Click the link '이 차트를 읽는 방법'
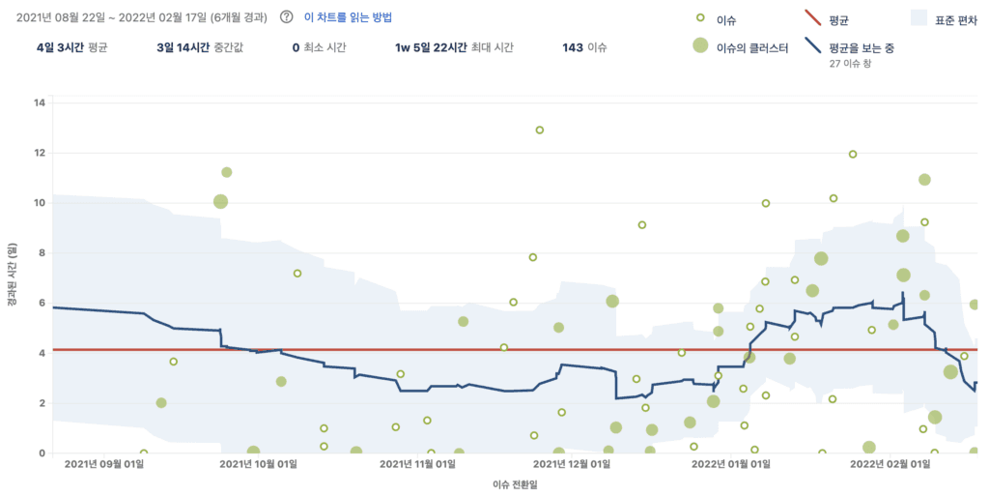click(x=348, y=17)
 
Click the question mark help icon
click(x=286, y=17)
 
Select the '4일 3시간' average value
click(x=60, y=47)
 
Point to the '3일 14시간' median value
click(x=183, y=47)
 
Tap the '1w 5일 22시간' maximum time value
click(x=431, y=47)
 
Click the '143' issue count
click(x=572, y=47)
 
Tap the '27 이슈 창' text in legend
click(x=850, y=63)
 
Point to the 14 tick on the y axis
click(x=39, y=102)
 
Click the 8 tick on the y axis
click(x=42, y=253)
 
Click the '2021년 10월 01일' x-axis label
click(x=258, y=464)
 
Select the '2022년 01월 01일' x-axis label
click(x=730, y=464)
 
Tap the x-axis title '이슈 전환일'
click(x=516, y=484)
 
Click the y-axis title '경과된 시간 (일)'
click(x=13, y=275)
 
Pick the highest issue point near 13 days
click(x=539, y=130)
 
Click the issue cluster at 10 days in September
click(x=220, y=201)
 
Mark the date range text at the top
click(x=142, y=17)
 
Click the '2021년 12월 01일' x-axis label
click(x=572, y=464)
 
